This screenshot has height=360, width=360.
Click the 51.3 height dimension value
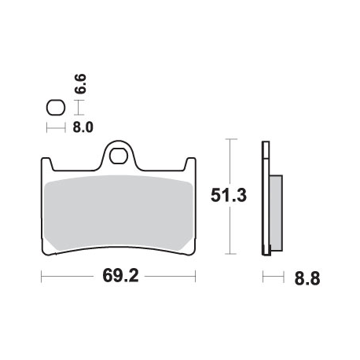point(229,197)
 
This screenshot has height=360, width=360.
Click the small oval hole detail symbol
point(55,107)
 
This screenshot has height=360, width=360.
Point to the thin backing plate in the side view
point(266,197)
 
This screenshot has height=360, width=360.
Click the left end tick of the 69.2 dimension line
point(41,277)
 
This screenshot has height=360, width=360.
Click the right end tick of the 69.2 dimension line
point(195,277)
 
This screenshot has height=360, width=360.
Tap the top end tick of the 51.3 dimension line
point(229,140)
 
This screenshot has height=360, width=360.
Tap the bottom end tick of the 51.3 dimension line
point(229,254)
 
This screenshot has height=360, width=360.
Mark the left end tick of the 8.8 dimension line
point(263,277)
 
